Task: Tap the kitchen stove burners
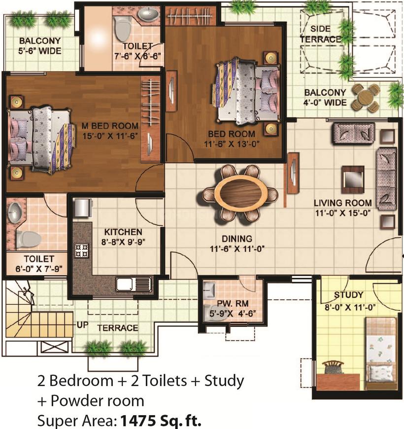coord(82,250)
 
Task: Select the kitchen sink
coord(133,284)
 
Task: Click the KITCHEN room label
coord(123,232)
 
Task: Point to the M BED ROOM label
coord(110,126)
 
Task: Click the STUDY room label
coord(348,295)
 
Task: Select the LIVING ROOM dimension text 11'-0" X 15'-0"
coord(343,213)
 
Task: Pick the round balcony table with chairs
coord(365,98)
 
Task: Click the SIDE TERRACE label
coord(321,34)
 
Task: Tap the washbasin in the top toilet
coord(148,14)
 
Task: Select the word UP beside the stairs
coord(83,325)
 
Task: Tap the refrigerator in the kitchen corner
coord(83,208)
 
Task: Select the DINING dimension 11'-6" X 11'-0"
coord(237,249)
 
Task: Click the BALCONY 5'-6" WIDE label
coord(40,46)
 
